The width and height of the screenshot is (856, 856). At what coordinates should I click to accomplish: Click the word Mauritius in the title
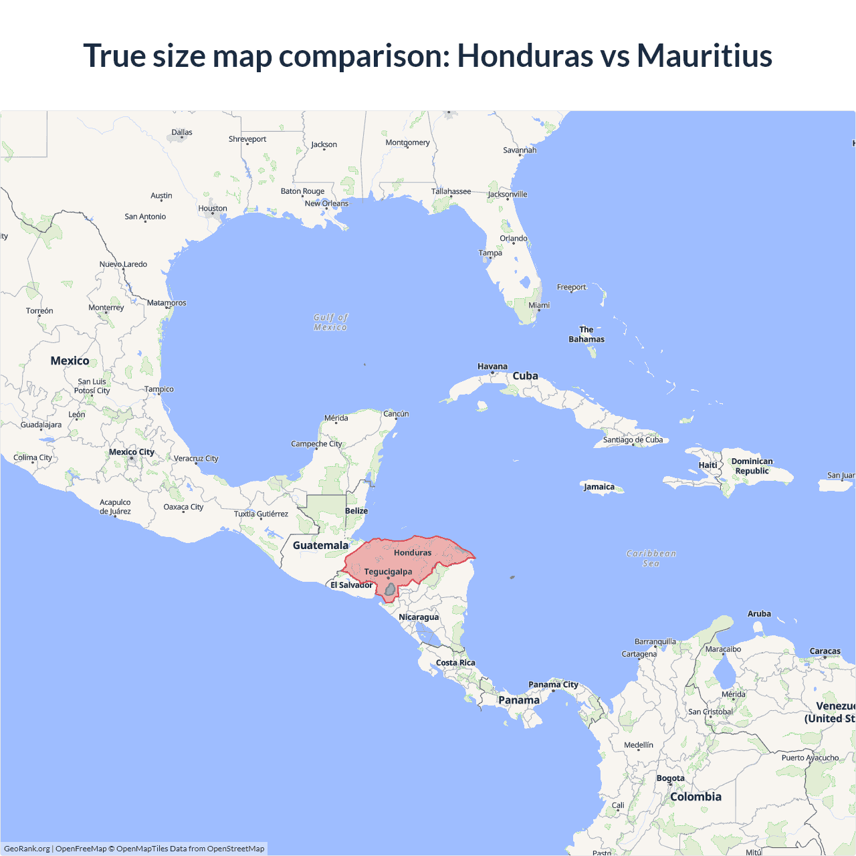coord(704,56)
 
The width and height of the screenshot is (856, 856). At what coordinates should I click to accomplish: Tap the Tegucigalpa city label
coord(388,572)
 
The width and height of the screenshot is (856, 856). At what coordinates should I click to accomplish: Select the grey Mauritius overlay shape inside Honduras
coord(390,589)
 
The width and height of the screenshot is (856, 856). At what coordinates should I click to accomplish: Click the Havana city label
coord(492,366)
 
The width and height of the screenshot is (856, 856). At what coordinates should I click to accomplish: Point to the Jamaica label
coord(599,487)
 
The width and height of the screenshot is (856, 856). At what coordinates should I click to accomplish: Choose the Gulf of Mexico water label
coord(330,322)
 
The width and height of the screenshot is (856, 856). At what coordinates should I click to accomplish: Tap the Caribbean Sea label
coord(651,558)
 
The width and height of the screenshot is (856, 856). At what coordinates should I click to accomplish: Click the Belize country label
coord(356,511)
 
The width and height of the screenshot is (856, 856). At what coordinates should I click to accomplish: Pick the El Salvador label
coord(351,585)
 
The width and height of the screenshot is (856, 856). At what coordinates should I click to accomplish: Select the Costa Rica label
coord(455,663)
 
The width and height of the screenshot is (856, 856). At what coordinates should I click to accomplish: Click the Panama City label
coord(553,684)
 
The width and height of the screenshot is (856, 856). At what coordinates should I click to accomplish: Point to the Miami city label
coord(539,305)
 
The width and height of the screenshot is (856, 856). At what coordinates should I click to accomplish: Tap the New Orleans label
coord(326,203)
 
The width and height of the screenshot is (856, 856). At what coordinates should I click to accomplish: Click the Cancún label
coord(396,414)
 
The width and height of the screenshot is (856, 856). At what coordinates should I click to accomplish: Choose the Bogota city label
coord(670,778)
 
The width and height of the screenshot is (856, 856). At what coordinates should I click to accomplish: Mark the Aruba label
coord(759,614)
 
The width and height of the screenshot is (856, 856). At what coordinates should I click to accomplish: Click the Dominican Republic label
coord(752,466)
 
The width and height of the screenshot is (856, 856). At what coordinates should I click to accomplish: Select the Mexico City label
coord(132,452)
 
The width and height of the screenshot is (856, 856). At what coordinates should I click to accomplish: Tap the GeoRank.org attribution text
coord(27,849)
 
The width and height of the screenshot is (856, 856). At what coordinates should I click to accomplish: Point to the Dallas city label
coord(182,132)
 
